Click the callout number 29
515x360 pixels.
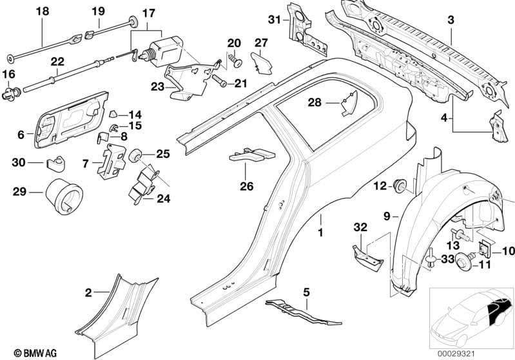(x=19, y=192)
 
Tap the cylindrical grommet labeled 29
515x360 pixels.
(x=64, y=196)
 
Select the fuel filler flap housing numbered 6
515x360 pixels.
(x=71, y=120)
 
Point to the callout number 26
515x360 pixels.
(x=247, y=186)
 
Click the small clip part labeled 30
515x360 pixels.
(x=55, y=164)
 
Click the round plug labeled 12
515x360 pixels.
(x=400, y=185)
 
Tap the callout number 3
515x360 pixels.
(x=451, y=20)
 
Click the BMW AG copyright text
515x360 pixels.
(x=35, y=353)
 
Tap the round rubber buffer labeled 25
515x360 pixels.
(x=135, y=155)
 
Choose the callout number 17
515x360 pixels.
(x=148, y=13)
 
